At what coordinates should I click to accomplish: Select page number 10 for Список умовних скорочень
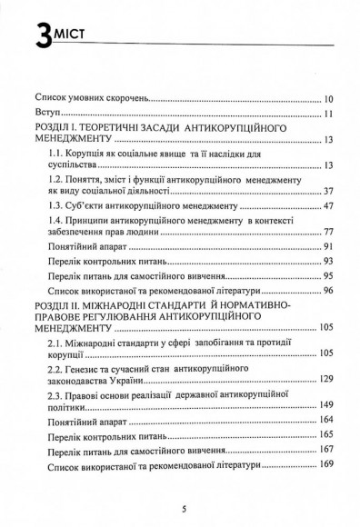tap(328, 95)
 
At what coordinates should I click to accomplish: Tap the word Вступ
tap(48, 114)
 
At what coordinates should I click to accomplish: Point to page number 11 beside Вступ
tap(328, 114)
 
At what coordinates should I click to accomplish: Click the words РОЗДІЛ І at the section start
tap(59, 131)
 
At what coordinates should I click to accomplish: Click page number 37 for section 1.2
tap(328, 191)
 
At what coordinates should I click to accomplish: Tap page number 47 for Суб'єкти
tap(328, 208)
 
